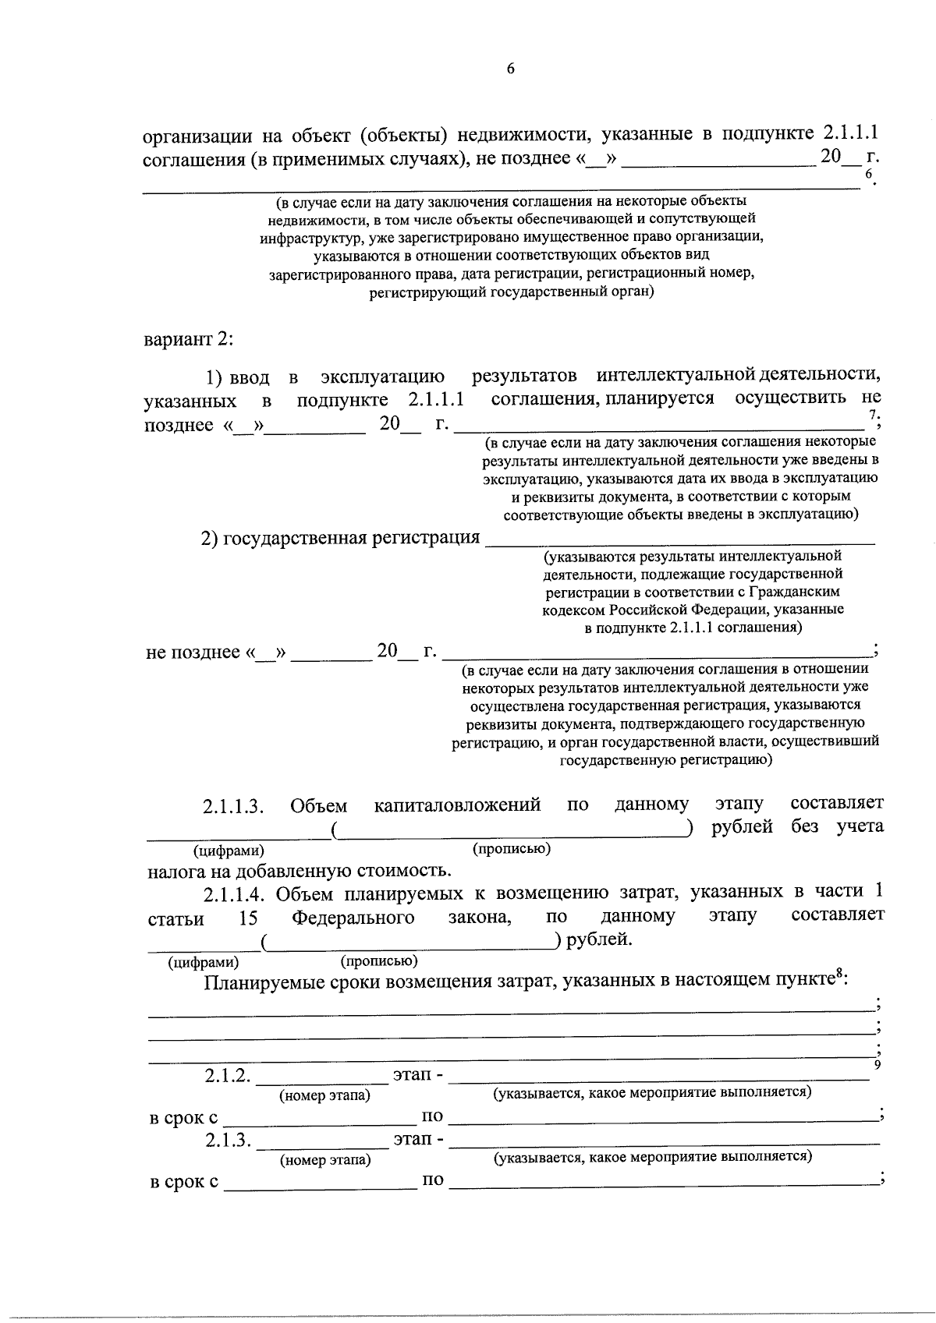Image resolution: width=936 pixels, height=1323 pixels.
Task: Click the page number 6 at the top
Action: click(x=511, y=69)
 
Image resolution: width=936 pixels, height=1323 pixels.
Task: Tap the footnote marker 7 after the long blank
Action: click(x=874, y=414)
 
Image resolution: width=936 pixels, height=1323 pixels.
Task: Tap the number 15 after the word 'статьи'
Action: click(x=248, y=918)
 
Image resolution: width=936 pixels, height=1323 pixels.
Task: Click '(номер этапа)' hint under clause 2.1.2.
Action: click(x=325, y=1095)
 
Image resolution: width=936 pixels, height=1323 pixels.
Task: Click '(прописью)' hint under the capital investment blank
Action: click(x=512, y=848)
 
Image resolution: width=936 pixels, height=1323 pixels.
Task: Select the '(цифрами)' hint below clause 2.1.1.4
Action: click(x=204, y=963)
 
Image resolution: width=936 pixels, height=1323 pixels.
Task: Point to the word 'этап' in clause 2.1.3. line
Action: click(x=413, y=1140)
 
